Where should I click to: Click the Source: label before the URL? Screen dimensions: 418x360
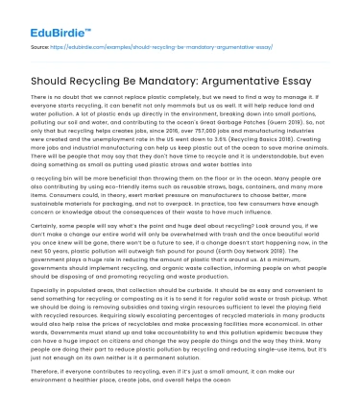(x=40, y=44)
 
